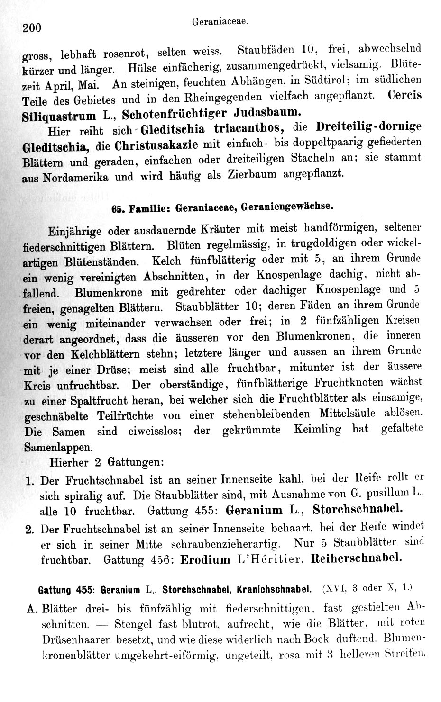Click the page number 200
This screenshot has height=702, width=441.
(32, 28)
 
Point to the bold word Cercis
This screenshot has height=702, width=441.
(404, 94)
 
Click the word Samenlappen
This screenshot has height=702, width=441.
(55, 447)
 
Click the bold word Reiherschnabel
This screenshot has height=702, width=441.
(356, 558)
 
